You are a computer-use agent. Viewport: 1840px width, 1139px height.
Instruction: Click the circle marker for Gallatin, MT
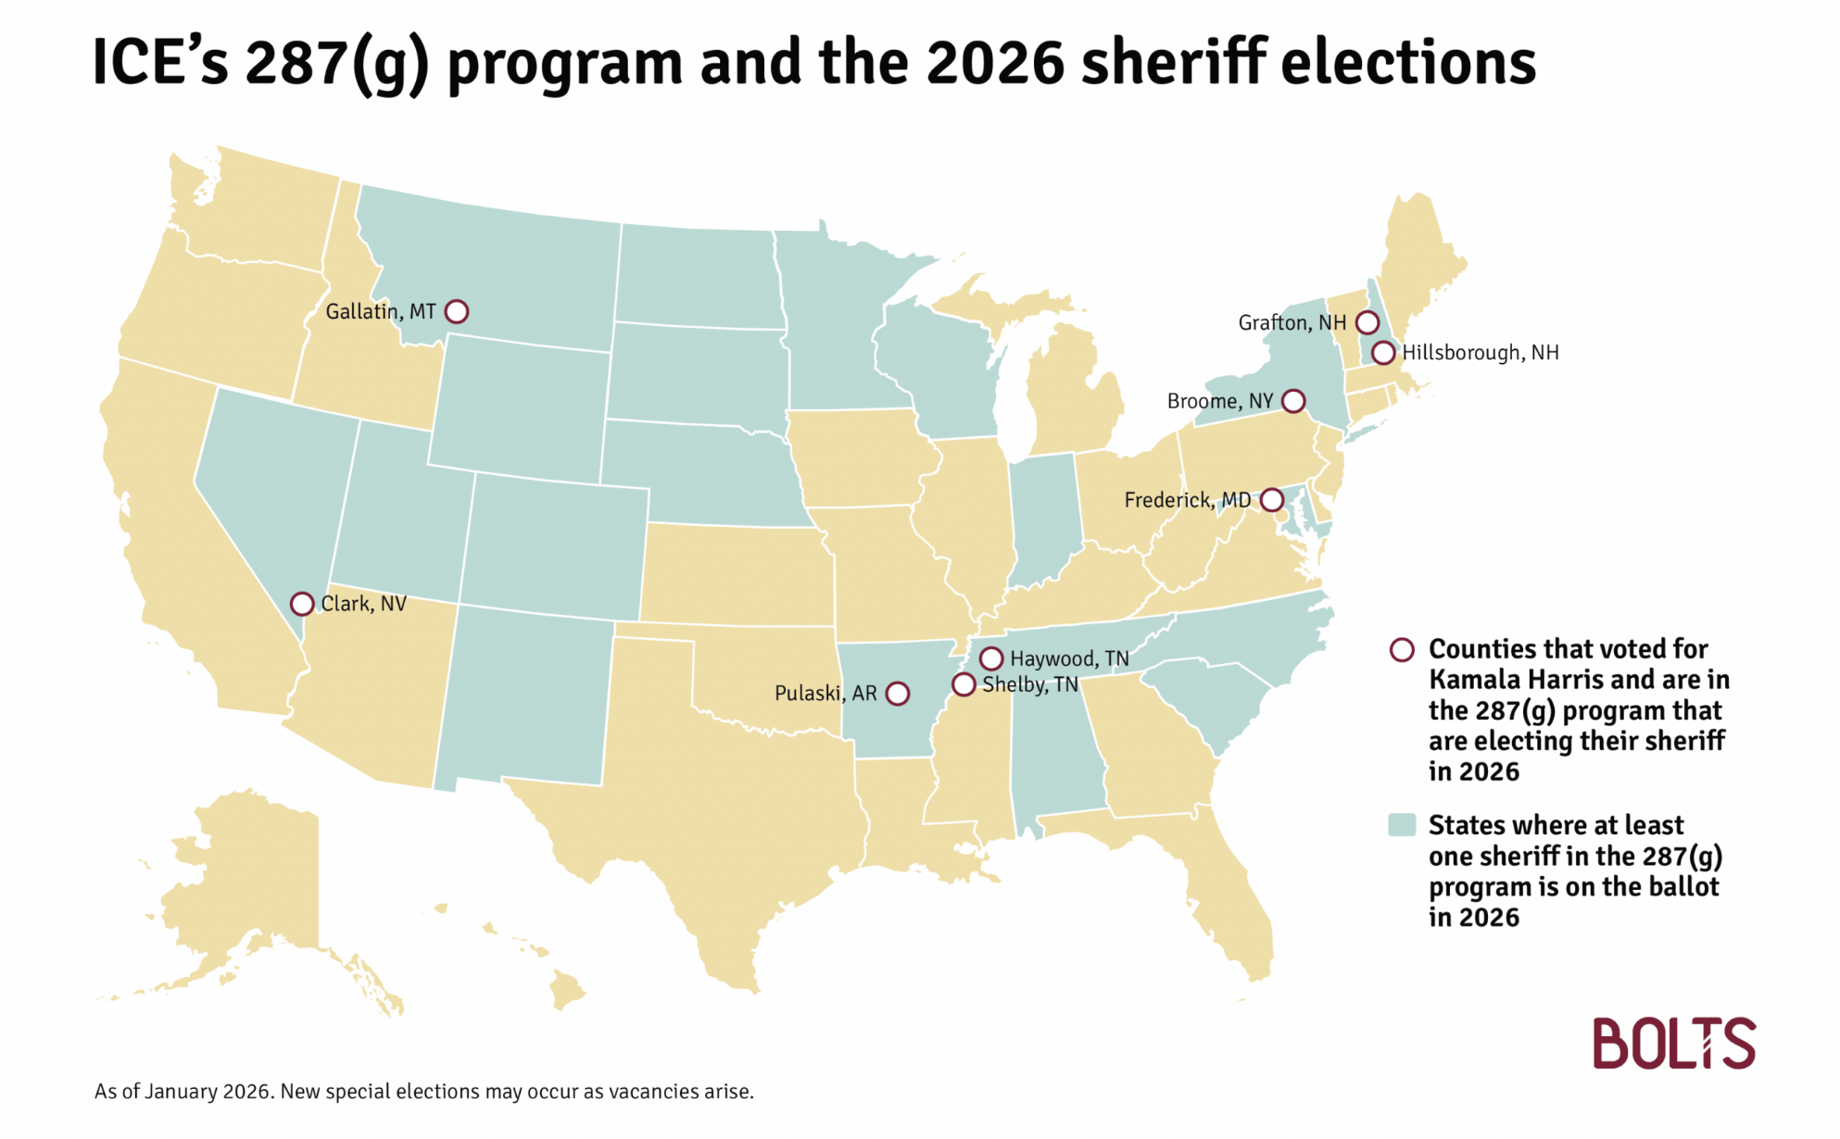coord(456,311)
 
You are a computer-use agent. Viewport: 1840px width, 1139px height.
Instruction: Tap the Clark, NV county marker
coord(301,604)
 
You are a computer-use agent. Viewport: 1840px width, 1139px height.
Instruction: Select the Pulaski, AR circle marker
coord(897,694)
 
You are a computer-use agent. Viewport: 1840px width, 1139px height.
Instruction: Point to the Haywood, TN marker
coord(990,658)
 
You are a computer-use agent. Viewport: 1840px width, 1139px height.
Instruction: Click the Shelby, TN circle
coord(964,684)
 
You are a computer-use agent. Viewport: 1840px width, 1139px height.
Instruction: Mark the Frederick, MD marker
coord(1272,500)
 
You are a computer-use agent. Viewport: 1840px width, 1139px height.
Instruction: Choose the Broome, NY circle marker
coord(1292,401)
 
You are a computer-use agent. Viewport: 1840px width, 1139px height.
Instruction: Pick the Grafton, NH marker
coord(1367,322)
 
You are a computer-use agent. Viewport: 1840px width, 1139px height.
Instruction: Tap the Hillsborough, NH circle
coord(1382,353)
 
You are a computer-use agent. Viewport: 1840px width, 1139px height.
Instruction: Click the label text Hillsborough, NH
coord(1480,353)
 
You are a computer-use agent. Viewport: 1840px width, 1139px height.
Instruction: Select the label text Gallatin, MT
coord(380,311)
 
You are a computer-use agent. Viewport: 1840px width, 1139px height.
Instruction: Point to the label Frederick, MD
coord(1187,500)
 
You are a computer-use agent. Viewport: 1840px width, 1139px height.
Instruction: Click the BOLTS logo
coord(1673,1043)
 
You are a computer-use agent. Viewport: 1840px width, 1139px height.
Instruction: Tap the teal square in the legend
coord(1402,824)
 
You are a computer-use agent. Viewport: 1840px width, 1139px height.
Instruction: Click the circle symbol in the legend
coord(1402,649)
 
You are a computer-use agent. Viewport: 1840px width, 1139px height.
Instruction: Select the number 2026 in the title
coord(994,63)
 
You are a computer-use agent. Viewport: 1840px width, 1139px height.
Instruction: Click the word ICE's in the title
coord(159,63)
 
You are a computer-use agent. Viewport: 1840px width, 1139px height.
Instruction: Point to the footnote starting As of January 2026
coord(423,1091)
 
